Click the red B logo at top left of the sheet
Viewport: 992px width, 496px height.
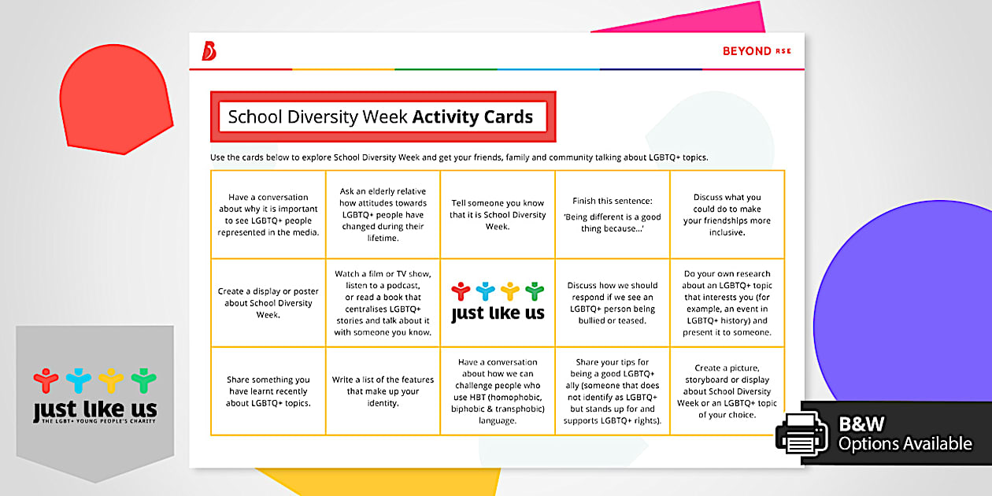(x=209, y=51)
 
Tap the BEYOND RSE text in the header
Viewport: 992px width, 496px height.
(x=756, y=51)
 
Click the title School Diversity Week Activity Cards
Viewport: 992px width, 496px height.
(x=382, y=117)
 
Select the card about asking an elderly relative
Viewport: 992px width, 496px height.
(x=383, y=214)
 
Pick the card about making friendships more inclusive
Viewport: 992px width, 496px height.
(x=727, y=214)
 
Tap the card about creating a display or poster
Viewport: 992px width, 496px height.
(x=268, y=302)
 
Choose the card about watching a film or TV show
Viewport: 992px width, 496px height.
(x=383, y=302)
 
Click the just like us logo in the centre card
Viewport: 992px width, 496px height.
(x=498, y=303)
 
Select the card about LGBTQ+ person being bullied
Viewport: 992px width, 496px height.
(x=613, y=302)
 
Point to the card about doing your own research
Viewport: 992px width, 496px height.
(x=727, y=302)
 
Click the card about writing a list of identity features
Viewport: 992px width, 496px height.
(x=383, y=391)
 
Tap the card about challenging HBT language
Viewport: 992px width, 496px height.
(x=498, y=391)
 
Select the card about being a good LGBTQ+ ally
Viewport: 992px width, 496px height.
(x=613, y=391)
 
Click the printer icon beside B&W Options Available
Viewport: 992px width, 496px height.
(x=801, y=433)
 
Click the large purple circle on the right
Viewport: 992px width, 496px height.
(x=905, y=307)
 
